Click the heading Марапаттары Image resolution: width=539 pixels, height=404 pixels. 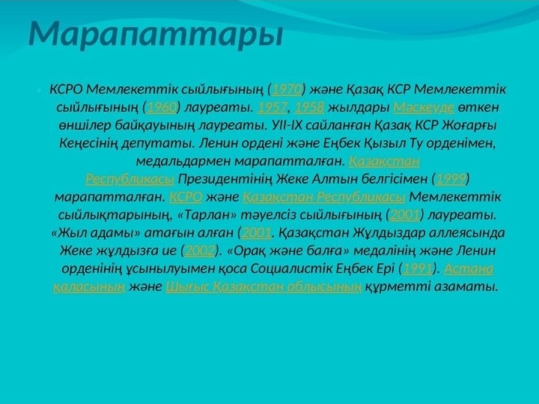pyautogui.click(x=156, y=34)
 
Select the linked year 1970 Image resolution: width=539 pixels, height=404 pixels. pyautogui.click(x=287, y=89)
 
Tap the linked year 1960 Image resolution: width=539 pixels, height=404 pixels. pyautogui.click(x=162, y=107)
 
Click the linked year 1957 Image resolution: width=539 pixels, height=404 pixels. pyautogui.click(x=272, y=107)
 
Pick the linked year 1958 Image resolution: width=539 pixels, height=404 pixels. pyautogui.click(x=309, y=107)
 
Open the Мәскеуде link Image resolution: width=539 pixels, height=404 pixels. pyautogui.click(x=424, y=107)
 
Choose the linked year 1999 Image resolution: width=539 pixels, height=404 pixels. pyautogui.click(x=451, y=179)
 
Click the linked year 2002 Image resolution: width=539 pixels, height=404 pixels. pyautogui.click(x=200, y=250)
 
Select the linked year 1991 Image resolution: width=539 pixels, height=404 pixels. pyautogui.click(x=417, y=268)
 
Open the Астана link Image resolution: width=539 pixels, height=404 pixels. pyautogui.click(x=469, y=268)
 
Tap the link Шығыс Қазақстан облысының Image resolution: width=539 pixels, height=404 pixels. pyautogui.click(x=264, y=286)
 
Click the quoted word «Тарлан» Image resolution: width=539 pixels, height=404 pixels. pyautogui.click(x=207, y=215)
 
